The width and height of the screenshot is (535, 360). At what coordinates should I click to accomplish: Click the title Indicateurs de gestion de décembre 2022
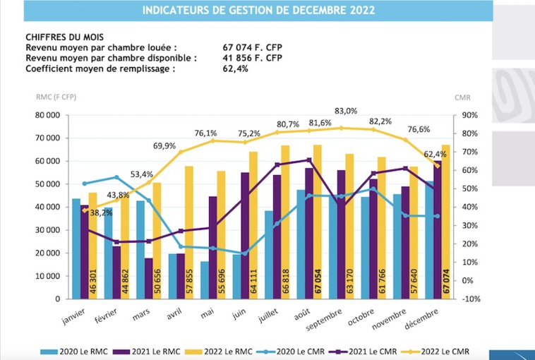[x=258, y=11]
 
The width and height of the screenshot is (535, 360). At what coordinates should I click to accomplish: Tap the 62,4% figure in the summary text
[x=235, y=68]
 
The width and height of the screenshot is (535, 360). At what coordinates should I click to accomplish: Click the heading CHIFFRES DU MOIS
[x=62, y=36]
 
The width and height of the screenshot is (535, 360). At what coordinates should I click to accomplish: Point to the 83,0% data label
[x=346, y=111]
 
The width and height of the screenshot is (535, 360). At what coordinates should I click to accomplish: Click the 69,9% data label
[x=164, y=145]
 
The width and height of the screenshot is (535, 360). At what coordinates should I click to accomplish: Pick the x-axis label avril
[x=173, y=313]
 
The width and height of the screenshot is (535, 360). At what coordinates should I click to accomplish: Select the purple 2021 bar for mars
[x=149, y=278]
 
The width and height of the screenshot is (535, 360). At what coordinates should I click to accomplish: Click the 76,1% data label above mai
[x=206, y=133]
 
